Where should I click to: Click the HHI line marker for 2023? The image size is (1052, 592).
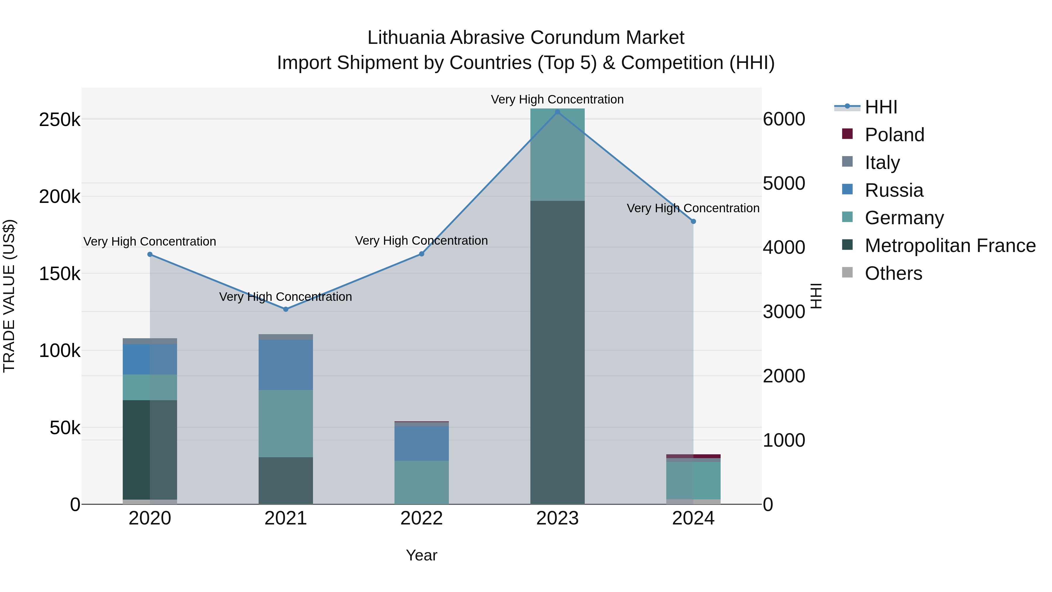pyautogui.click(x=558, y=112)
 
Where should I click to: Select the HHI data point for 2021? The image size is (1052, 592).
pyautogui.click(x=286, y=309)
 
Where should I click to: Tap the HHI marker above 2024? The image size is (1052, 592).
pyautogui.click(x=693, y=221)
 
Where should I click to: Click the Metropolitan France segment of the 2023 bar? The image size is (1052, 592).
pyautogui.click(x=558, y=351)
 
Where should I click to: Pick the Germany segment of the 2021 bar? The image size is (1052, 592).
pyautogui.click(x=286, y=423)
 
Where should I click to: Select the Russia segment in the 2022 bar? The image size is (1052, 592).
pyautogui.click(x=421, y=443)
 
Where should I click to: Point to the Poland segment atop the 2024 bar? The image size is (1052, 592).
pyautogui.click(x=693, y=456)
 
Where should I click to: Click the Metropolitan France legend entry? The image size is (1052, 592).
pyautogui.click(x=950, y=246)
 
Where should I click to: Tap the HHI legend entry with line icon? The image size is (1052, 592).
pyautogui.click(x=881, y=107)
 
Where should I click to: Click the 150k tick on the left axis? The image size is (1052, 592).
pyautogui.click(x=60, y=274)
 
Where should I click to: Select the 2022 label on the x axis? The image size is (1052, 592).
pyautogui.click(x=421, y=518)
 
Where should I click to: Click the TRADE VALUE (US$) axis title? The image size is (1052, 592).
pyautogui.click(x=9, y=296)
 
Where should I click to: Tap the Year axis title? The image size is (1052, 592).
pyautogui.click(x=421, y=555)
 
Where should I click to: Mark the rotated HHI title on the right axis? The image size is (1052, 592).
pyautogui.click(x=816, y=296)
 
